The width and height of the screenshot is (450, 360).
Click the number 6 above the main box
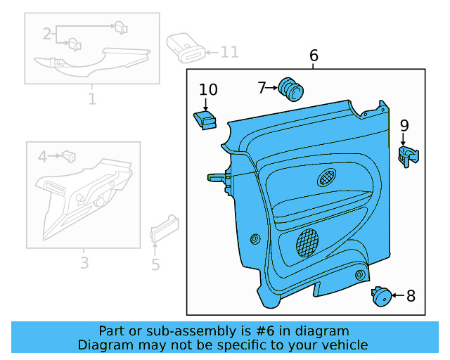click(314, 56)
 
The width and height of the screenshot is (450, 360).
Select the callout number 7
click(262, 88)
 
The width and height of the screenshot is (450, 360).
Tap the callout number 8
click(411, 296)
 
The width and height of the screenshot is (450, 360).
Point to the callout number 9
click(404, 126)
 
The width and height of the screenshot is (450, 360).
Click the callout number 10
click(208, 89)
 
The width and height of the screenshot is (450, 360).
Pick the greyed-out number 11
click(230, 52)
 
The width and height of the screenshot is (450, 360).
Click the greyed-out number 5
click(155, 264)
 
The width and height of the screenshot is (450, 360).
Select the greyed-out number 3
click(84, 264)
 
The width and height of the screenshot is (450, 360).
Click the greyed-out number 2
click(47, 34)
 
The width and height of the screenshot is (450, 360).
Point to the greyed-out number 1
click(91, 99)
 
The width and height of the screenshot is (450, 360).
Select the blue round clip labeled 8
click(382, 296)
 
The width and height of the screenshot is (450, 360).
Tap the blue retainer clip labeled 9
click(407, 155)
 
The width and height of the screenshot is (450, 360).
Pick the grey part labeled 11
click(186, 49)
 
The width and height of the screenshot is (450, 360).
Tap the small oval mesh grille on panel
click(328, 177)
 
